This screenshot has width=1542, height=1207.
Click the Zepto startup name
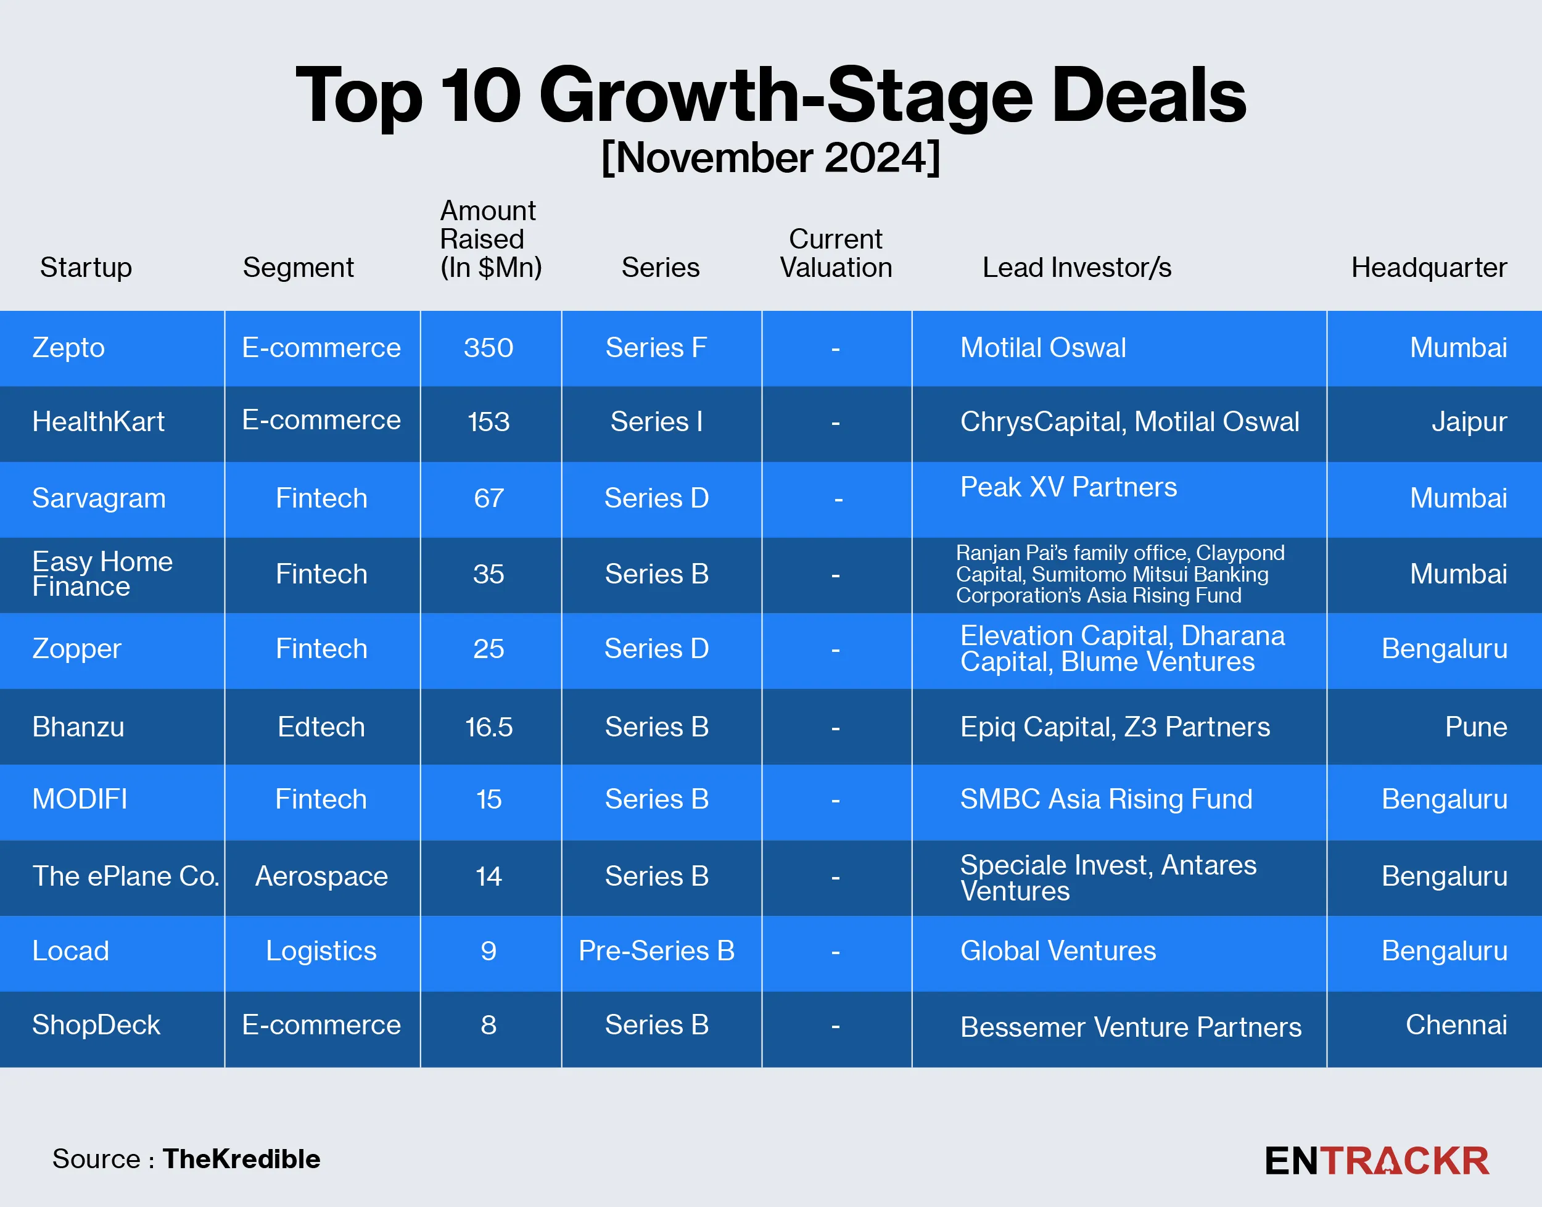click(68, 348)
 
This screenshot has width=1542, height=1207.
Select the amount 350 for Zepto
click(489, 348)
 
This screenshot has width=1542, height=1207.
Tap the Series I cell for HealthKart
click(656, 422)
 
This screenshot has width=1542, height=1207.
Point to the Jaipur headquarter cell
click(1469, 422)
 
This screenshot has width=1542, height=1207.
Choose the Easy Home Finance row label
click(102, 574)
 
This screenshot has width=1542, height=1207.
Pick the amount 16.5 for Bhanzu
click(489, 727)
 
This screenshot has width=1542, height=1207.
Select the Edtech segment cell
click(321, 727)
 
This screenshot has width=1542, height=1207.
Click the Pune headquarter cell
click(1475, 727)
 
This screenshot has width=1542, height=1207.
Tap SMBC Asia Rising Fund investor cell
click(1106, 799)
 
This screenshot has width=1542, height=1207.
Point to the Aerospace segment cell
click(321, 876)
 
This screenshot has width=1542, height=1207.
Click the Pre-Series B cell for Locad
click(656, 951)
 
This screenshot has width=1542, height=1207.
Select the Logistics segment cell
click(321, 951)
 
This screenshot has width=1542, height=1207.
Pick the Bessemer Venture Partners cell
click(1130, 1028)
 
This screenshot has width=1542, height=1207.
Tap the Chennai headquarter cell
click(1456, 1024)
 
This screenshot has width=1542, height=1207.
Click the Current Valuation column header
click(835, 253)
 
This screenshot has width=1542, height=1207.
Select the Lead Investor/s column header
click(1076, 268)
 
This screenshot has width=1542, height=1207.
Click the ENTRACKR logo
click(1377, 1161)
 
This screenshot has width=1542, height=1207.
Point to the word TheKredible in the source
click(241, 1160)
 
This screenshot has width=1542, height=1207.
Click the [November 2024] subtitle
click(770, 158)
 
